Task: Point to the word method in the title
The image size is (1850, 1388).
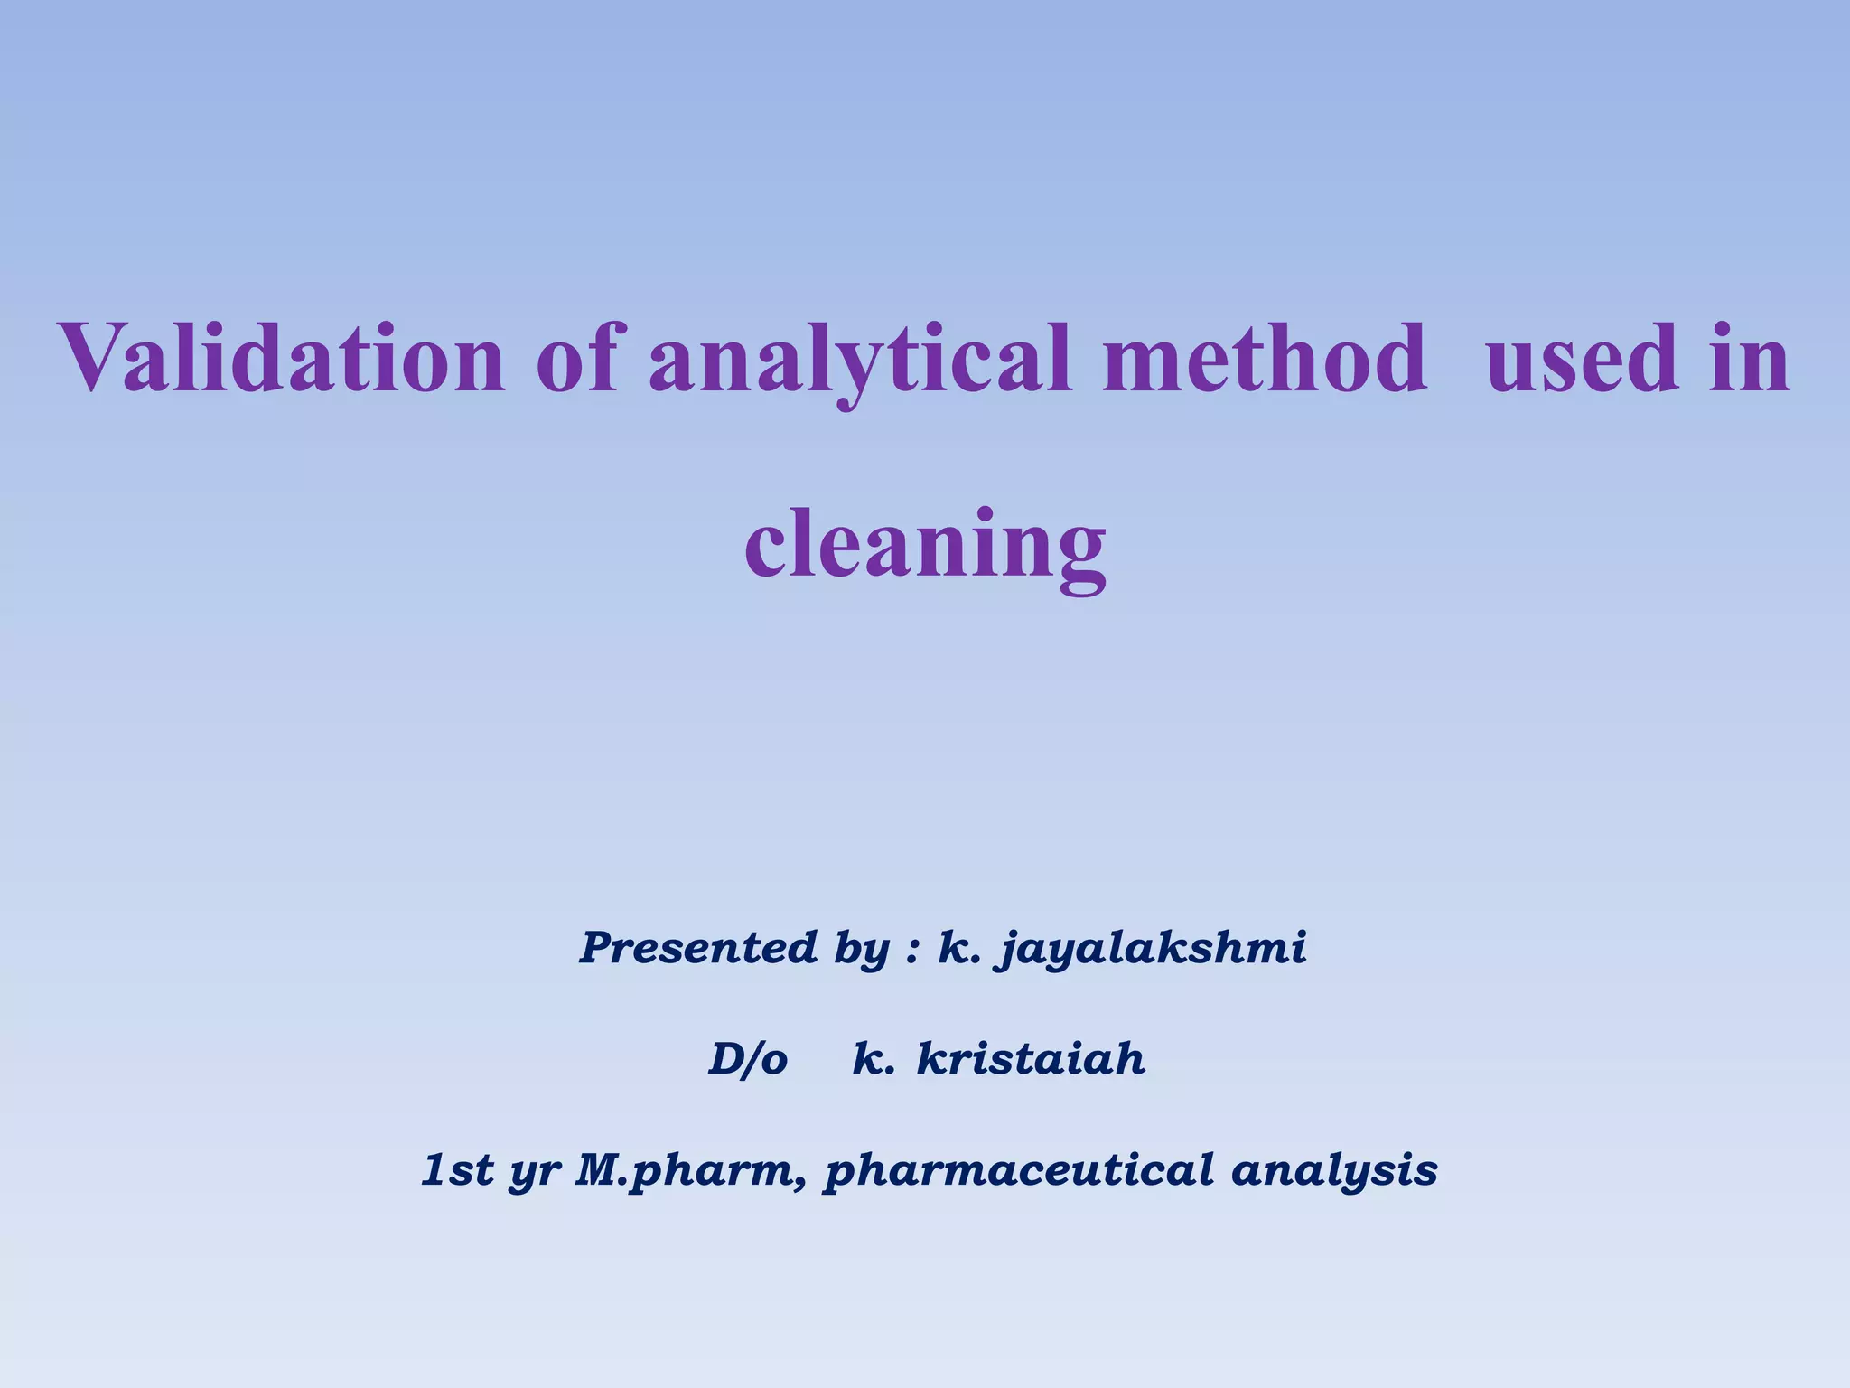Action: point(1265,359)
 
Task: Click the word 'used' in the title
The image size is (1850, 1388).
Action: point(1583,359)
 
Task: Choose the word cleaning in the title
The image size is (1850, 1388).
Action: point(925,547)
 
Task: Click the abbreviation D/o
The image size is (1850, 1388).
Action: point(748,1059)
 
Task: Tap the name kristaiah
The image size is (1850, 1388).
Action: point(1031,1059)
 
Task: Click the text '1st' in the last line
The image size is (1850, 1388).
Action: point(458,1170)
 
